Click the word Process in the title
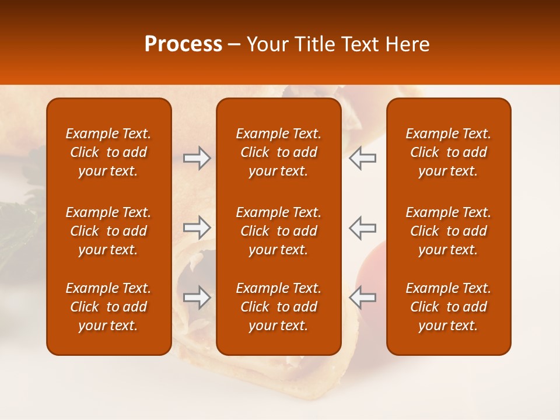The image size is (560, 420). (183, 44)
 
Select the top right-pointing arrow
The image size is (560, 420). (197, 158)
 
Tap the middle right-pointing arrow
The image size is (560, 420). (197, 227)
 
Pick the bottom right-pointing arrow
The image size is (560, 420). (197, 297)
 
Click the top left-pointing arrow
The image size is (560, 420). (362, 158)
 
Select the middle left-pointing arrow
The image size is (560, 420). (362, 227)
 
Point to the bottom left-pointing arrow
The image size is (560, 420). (362, 297)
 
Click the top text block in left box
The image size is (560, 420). (108, 152)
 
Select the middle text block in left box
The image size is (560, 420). (108, 231)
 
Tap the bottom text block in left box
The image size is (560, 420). (108, 307)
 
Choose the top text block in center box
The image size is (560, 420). (278, 152)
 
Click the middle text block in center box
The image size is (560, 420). (278, 231)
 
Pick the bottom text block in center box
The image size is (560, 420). (278, 307)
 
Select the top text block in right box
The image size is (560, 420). (448, 152)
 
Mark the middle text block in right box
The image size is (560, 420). (448, 231)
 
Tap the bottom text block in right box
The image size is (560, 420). (448, 307)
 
